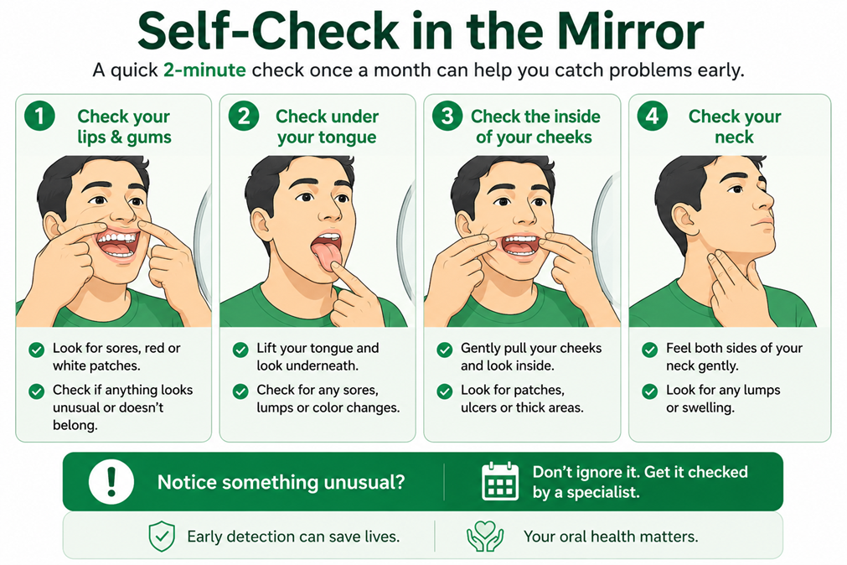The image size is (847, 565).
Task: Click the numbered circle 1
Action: (x=39, y=116)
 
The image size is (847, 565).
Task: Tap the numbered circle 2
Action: (x=244, y=116)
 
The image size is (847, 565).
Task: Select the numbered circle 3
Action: (x=447, y=116)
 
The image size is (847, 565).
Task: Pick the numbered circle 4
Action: (x=652, y=116)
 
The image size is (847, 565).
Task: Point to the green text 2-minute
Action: (x=204, y=70)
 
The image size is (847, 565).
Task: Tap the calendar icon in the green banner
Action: (x=499, y=481)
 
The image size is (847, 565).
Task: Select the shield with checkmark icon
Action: (x=162, y=536)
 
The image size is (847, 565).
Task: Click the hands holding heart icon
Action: (x=485, y=536)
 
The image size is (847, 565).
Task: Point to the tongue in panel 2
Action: (x=323, y=254)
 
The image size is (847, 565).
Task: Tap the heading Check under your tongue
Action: (x=327, y=127)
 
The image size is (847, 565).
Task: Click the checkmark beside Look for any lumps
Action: (x=650, y=391)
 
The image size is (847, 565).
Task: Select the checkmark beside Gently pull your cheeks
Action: (x=445, y=350)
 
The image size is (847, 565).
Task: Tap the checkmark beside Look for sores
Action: (x=36, y=350)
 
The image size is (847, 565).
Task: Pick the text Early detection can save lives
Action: (x=293, y=536)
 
